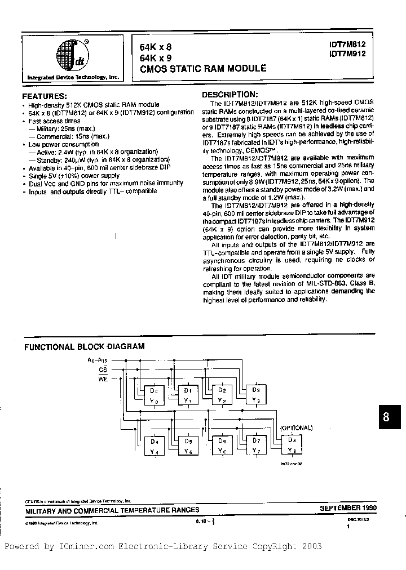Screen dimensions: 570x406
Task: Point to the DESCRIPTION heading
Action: coord(230,95)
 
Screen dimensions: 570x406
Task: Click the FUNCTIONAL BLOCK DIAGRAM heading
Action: coord(84,347)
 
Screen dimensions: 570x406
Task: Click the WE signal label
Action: coord(103,380)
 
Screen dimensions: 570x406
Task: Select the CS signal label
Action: coord(103,369)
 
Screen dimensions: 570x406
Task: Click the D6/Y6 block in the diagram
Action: coord(222,446)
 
